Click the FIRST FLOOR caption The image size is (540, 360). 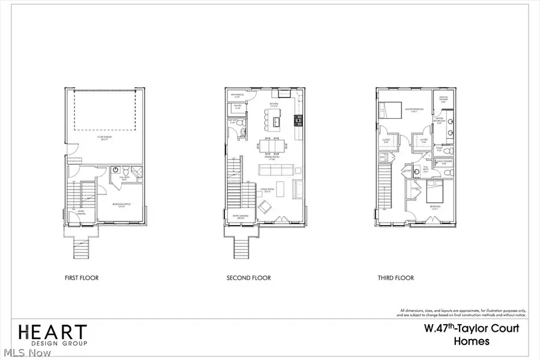(82, 278)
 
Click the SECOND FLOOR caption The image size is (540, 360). (248, 278)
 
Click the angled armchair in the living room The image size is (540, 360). (265, 206)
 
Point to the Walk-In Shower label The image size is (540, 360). (443, 101)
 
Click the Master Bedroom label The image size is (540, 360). (414, 109)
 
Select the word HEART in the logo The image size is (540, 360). (52, 331)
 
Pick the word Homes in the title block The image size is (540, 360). (471, 342)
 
